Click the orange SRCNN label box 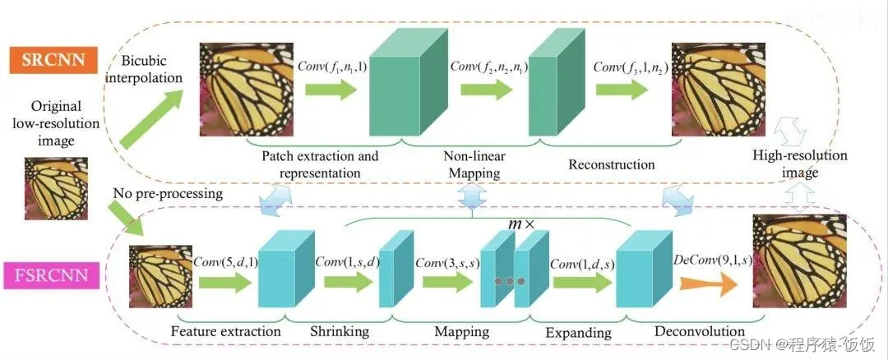(51, 61)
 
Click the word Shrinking (339, 331)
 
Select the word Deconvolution (699, 331)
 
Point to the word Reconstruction (612, 164)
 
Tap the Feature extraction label (225, 331)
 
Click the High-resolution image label (800, 164)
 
